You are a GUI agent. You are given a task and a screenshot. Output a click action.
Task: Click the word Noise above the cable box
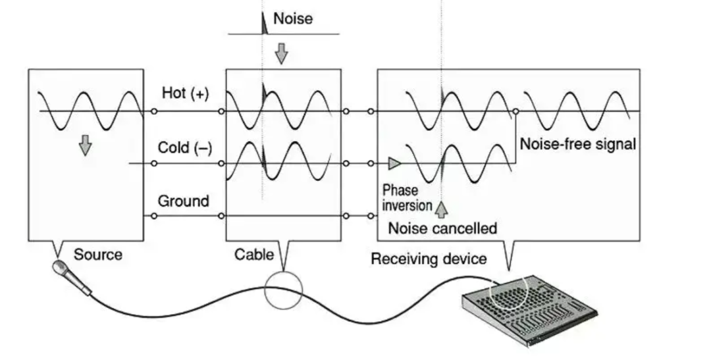pyautogui.click(x=293, y=18)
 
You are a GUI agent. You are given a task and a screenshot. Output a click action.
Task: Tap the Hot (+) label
pyautogui.click(x=185, y=94)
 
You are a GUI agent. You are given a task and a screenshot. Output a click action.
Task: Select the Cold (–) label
pyautogui.click(x=185, y=147)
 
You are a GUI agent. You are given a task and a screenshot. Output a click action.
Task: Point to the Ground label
pyautogui.click(x=183, y=201)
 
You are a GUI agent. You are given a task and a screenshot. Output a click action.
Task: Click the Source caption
pyautogui.click(x=97, y=254)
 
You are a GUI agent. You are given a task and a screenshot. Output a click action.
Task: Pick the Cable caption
pyautogui.click(x=254, y=254)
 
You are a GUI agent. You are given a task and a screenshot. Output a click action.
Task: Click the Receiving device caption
pyautogui.click(x=429, y=259)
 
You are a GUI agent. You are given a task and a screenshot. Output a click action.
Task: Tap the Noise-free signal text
pyautogui.click(x=578, y=143)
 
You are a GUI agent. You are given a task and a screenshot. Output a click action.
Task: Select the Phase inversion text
pyautogui.click(x=407, y=197)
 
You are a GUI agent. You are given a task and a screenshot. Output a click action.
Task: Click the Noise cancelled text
pyautogui.click(x=442, y=228)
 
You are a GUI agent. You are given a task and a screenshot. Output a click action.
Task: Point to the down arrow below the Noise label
pyautogui.click(x=282, y=53)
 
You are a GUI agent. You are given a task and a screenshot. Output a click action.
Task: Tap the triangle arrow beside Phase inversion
pyautogui.click(x=394, y=163)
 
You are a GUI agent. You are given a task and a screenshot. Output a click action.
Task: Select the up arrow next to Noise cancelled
pyautogui.click(x=441, y=209)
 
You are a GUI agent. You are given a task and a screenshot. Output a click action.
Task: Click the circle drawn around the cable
pyautogui.click(x=283, y=289)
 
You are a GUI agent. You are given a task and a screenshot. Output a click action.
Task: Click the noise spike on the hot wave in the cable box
pyautogui.click(x=264, y=92)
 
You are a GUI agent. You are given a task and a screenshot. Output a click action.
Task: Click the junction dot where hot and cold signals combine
pyautogui.click(x=515, y=111)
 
